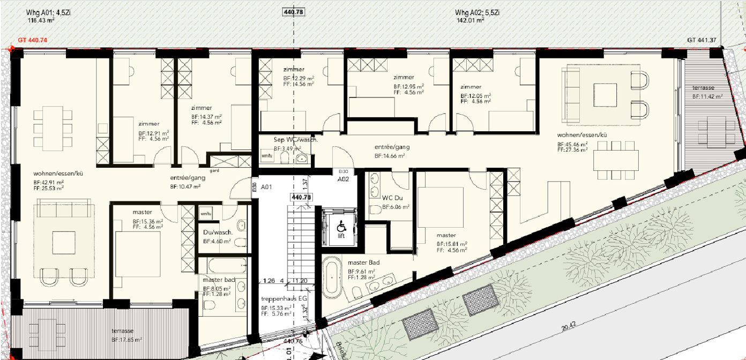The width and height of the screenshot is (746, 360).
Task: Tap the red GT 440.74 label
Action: pyautogui.click(x=33, y=40)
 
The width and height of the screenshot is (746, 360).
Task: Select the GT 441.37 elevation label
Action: pyautogui.click(x=702, y=40)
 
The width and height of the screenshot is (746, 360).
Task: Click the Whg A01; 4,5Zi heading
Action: pyautogui.click(x=50, y=12)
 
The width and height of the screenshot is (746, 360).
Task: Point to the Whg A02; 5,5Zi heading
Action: pyautogui.click(x=477, y=12)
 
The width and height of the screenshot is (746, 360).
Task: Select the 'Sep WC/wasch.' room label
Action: pyautogui.click(x=296, y=139)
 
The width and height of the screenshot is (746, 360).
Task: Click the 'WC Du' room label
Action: pyautogui.click(x=392, y=198)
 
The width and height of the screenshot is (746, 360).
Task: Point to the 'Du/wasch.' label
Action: pyautogui.click(x=218, y=233)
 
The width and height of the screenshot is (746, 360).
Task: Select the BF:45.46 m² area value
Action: pyautogui.click(x=572, y=144)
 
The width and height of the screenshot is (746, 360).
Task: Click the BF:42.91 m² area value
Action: pyautogui.click(x=49, y=182)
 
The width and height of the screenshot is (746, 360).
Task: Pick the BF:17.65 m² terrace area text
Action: pyautogui.click(x=126, y=340)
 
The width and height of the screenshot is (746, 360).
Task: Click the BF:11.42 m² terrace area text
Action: pyautogui.click(x=707, y=96)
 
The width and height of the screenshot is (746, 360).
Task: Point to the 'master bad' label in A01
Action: pyautogui.click(x=219, y=280)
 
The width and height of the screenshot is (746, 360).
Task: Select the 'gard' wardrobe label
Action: pyautogui.click(x=214, y=171)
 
